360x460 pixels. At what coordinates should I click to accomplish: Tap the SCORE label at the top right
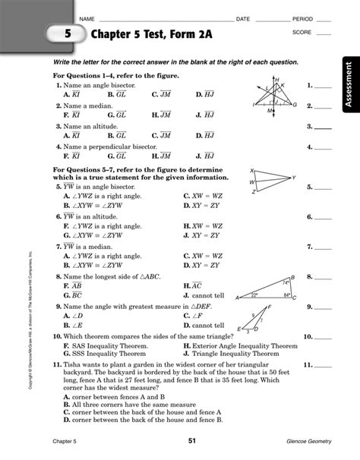point(302,33)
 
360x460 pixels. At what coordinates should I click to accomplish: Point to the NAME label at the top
point(86,17)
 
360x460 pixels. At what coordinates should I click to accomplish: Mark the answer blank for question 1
point(323,87)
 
